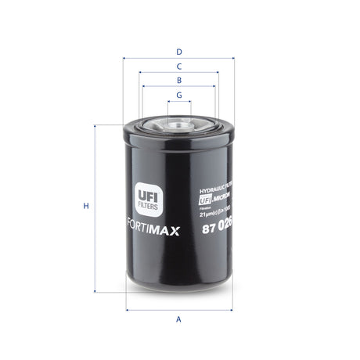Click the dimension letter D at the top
pyautogui.click(x=179, y=52)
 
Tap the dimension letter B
pyautogui.click(x=179, y=81)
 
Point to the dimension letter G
pyautogui.click(x=179, y=95)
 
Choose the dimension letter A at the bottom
pyautogui.click(x=179, y=319)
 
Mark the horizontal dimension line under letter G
pyautogui.click(x=179, y=102)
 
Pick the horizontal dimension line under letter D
pyautogui.click(x=179, y=59)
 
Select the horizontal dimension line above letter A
pyautogui.click(x=179, y=310)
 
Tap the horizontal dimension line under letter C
pyautogui.click(x=179, y=73)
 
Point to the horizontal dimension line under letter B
pyautogui.click(x=179, y=88)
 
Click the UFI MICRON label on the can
pyautogui.click(x=213, y=200)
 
